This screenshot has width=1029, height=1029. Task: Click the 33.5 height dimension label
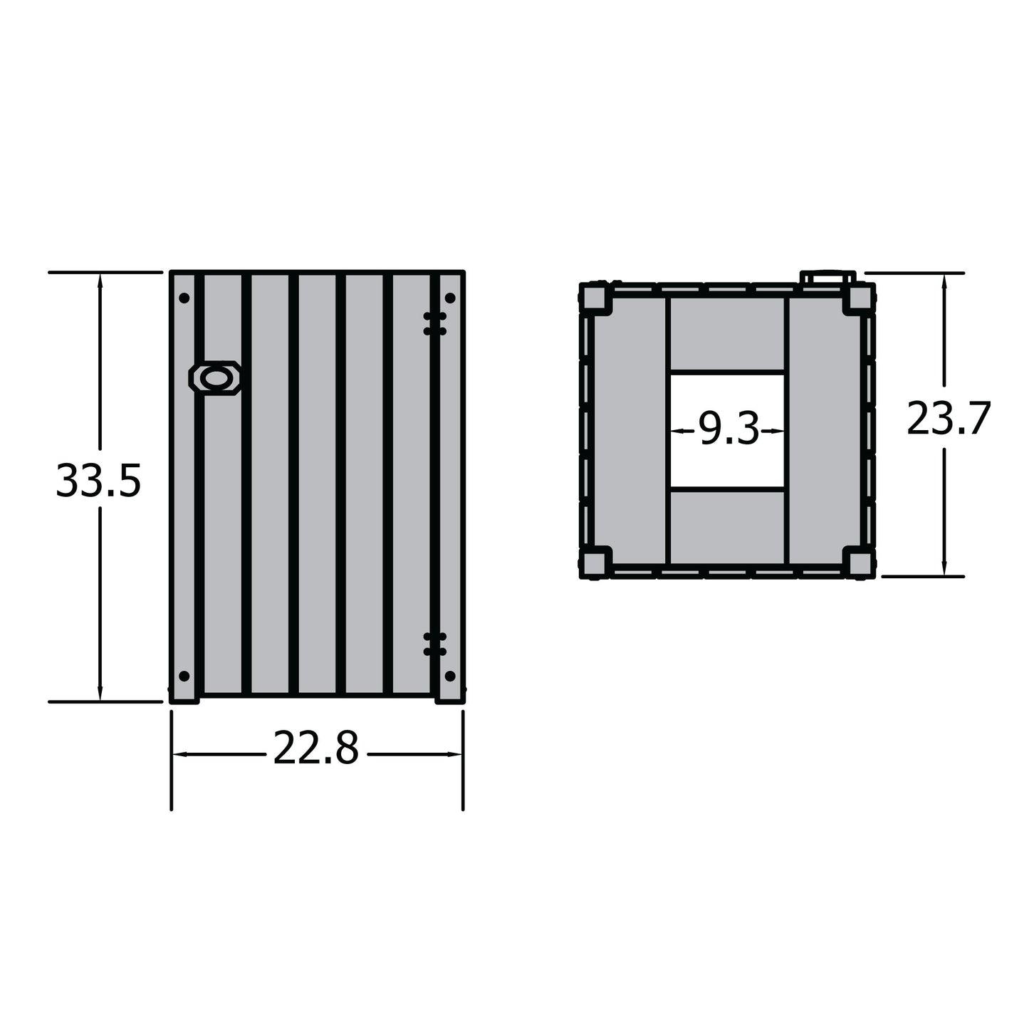pyautogui.click(x=98, y=481)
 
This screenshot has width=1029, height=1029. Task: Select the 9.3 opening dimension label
pyautogui.click(x=728, y=430)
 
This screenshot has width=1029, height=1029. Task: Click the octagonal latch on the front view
pyautogui.click(x=214, y=378)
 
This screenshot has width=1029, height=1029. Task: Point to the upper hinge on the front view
pyautogui.click(x=434, y=323)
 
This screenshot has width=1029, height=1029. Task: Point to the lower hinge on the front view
pyautogui.click(x=434, y=644)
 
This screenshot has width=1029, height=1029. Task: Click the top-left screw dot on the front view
pyautogui.click(x=184, y=298)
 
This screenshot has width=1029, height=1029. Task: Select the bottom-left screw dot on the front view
pyautogui.click(x=184, y=676)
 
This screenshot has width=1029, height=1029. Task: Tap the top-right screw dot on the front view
pyautogui.click(x=450, y=298)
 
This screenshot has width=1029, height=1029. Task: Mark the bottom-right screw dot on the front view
pyautogui.click(x=450, y=676)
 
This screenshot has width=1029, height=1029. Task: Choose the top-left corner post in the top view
pyautogui.click(x=595, y=298)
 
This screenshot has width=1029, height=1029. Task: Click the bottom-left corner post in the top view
pyautogui.click(x=595, y=562)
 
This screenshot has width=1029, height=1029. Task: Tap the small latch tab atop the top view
pyautogui.click(x=827, y=278)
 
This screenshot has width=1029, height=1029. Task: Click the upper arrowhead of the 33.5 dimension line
pyautogui.click(x=100, y=280)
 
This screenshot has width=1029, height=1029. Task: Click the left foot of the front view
pyautogui.click(x=184, y=699)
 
